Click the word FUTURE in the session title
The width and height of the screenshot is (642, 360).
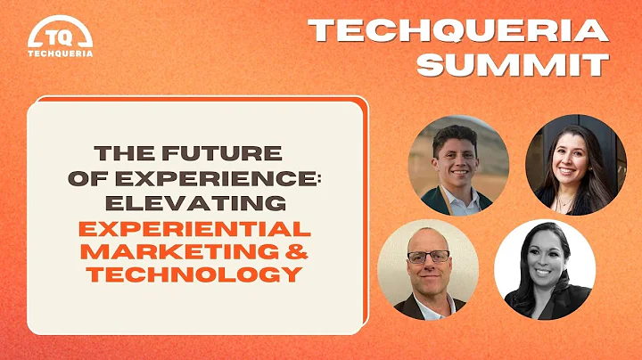235,153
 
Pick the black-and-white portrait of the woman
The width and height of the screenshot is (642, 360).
544,268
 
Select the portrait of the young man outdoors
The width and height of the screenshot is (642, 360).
458,166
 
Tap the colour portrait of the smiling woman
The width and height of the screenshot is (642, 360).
575,166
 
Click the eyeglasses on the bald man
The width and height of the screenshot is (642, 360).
428,257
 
